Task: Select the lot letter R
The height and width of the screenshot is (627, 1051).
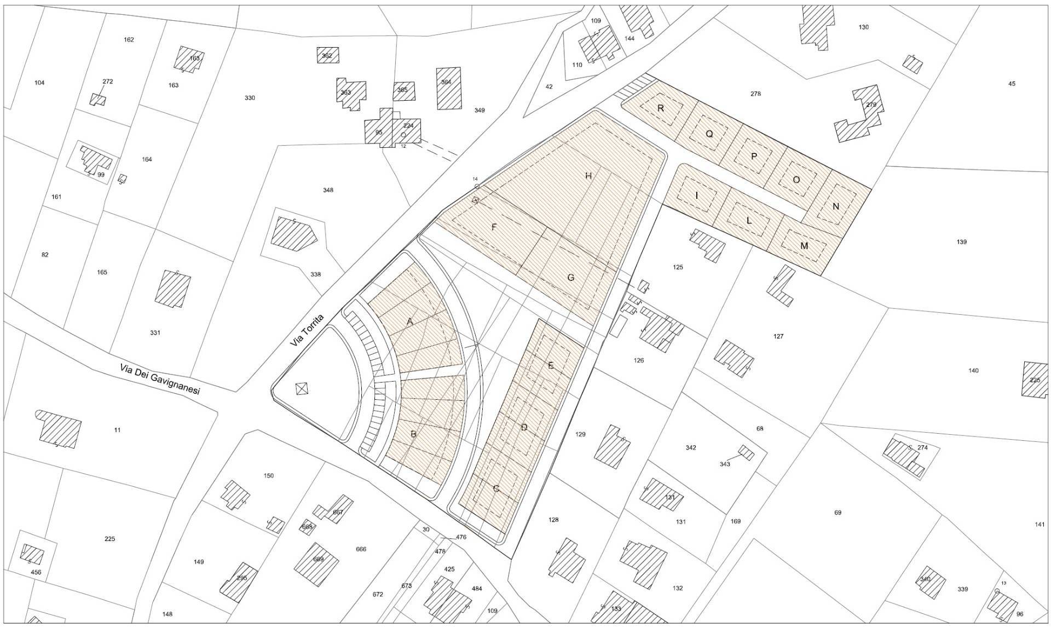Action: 661,108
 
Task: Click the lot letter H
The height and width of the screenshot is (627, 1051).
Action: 588,176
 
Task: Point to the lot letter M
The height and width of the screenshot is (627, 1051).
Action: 804,246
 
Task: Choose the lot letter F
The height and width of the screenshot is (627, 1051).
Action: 494,227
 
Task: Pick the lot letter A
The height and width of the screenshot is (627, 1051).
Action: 410,322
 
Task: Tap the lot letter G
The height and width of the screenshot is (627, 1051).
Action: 570,278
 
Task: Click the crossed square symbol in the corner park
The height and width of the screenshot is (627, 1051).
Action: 302,389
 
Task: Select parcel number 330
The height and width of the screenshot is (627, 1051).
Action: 250,98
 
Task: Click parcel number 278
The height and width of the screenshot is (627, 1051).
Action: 755,94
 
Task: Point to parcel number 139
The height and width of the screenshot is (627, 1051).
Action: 961,241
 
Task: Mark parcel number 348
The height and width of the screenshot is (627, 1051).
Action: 328,190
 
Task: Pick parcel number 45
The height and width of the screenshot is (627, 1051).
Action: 1012,84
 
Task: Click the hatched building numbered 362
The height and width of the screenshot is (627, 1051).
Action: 327,55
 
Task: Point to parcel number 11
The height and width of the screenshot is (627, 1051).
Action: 117,430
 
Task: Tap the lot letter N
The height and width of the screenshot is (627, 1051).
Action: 835,206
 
